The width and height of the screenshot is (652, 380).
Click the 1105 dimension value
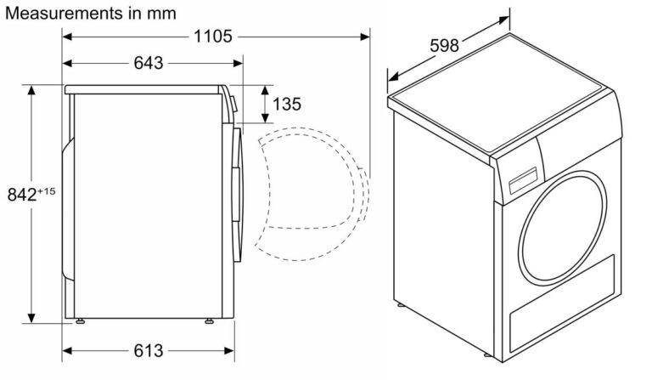click(x=213, y=37)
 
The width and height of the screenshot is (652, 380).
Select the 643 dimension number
click(x=149, y=63)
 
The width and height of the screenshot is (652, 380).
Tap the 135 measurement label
click(x=286, y=104)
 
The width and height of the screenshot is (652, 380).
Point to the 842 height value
click(x=22, y=195)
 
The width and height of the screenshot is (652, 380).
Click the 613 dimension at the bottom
click(x=149, y=351)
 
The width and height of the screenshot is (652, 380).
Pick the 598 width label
click(x=444, y=45)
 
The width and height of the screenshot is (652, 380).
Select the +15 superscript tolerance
click(x=46, y=191)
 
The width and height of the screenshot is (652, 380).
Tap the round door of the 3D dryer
click(x=562, y=228)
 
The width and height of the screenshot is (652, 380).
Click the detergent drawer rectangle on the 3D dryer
click(x=523, y=180)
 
